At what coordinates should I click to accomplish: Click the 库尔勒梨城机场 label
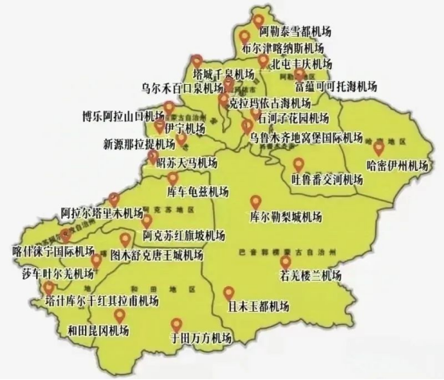[285, 217]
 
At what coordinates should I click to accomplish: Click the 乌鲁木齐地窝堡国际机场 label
[309, 138]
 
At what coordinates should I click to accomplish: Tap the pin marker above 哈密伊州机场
[379, 148]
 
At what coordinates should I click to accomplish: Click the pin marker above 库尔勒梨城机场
[255, 201]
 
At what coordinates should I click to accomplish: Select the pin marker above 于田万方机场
[176, 324]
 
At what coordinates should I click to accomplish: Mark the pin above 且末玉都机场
[229, 293]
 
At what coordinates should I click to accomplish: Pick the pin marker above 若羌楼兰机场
[285, 261]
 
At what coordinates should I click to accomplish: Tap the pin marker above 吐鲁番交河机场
[298, 164]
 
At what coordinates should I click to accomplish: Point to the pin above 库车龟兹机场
[172, 177]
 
